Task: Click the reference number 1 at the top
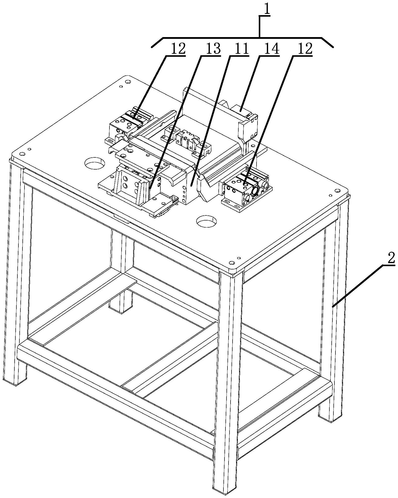coord(265,10)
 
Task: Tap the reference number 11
coord(241,48)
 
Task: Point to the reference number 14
coord(272,48)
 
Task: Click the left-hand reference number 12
coord(178,48)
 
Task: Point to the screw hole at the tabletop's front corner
coord(231,262)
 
